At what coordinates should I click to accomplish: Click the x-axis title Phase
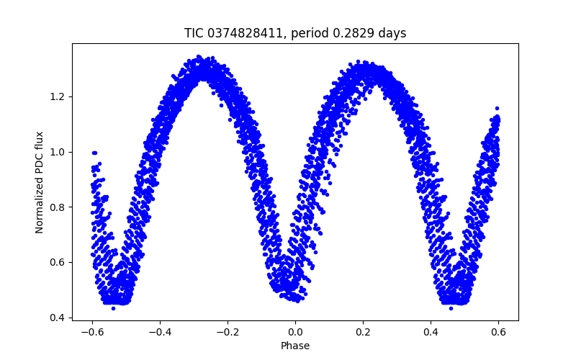click(295, 346)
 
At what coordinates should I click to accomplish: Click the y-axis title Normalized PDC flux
click(40, 182)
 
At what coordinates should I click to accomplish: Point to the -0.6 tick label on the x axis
click(92, 332)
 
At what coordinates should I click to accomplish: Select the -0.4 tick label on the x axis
click(160, 332)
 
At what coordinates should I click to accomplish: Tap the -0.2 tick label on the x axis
click(228, 332)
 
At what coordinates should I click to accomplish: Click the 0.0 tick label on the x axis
click(295, 332)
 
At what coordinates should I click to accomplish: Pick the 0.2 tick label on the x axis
click(363, 332)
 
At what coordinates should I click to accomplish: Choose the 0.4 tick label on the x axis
click(431, 332)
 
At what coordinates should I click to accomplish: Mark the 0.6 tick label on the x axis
click(498, 332)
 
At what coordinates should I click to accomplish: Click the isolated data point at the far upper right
click(496, 108)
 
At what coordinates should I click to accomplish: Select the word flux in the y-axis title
click(40, 142)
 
